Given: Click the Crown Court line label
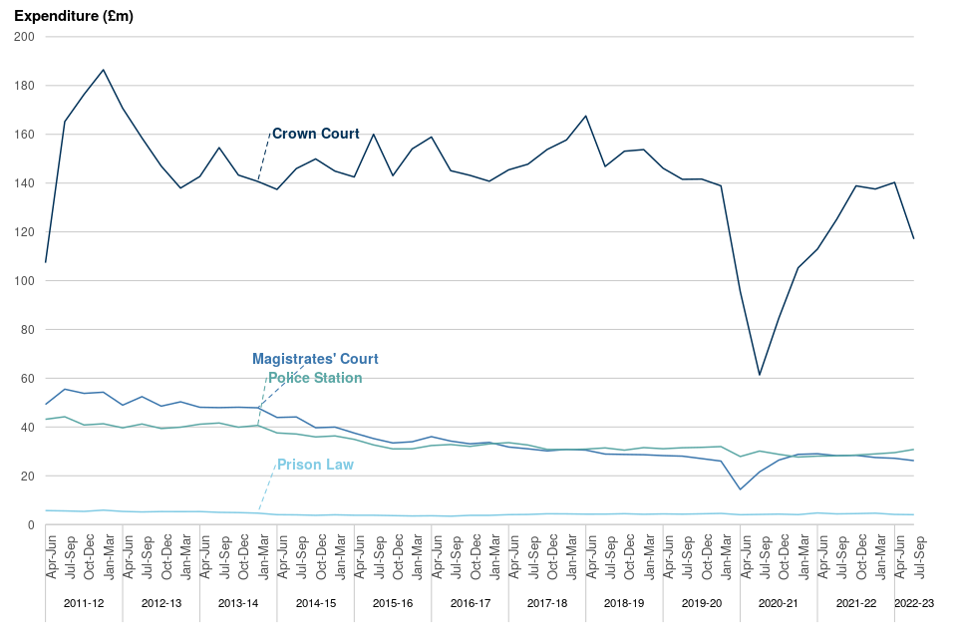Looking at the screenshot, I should click(315, 134).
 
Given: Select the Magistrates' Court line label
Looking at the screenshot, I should click(315, 359).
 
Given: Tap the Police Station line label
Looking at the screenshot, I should click(315, 379).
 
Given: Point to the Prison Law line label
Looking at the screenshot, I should click(315, 465).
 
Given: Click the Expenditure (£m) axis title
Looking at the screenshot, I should click(74, 16).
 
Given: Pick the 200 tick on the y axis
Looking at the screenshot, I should click(25, 37).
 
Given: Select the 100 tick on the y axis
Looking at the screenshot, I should click(25, 281).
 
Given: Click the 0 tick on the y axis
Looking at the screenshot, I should click(32, 525).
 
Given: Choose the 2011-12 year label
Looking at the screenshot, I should click(84, 603).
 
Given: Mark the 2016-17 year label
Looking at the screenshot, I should click(470, 603).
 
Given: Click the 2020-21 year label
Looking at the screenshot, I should click(779, 603).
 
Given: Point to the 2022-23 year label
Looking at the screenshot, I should click(914, 603).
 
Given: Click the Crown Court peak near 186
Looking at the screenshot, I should click(103, 70).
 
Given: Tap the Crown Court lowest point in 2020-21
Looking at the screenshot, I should click(760, 375).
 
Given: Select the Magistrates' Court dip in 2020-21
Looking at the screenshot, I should click(740, 489).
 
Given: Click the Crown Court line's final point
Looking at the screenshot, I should click(914, 238).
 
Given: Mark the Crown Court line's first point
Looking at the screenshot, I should click(45, 262).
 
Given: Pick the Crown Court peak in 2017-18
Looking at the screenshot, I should click(585, 116).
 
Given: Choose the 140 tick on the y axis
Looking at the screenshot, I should click(25, 183).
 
